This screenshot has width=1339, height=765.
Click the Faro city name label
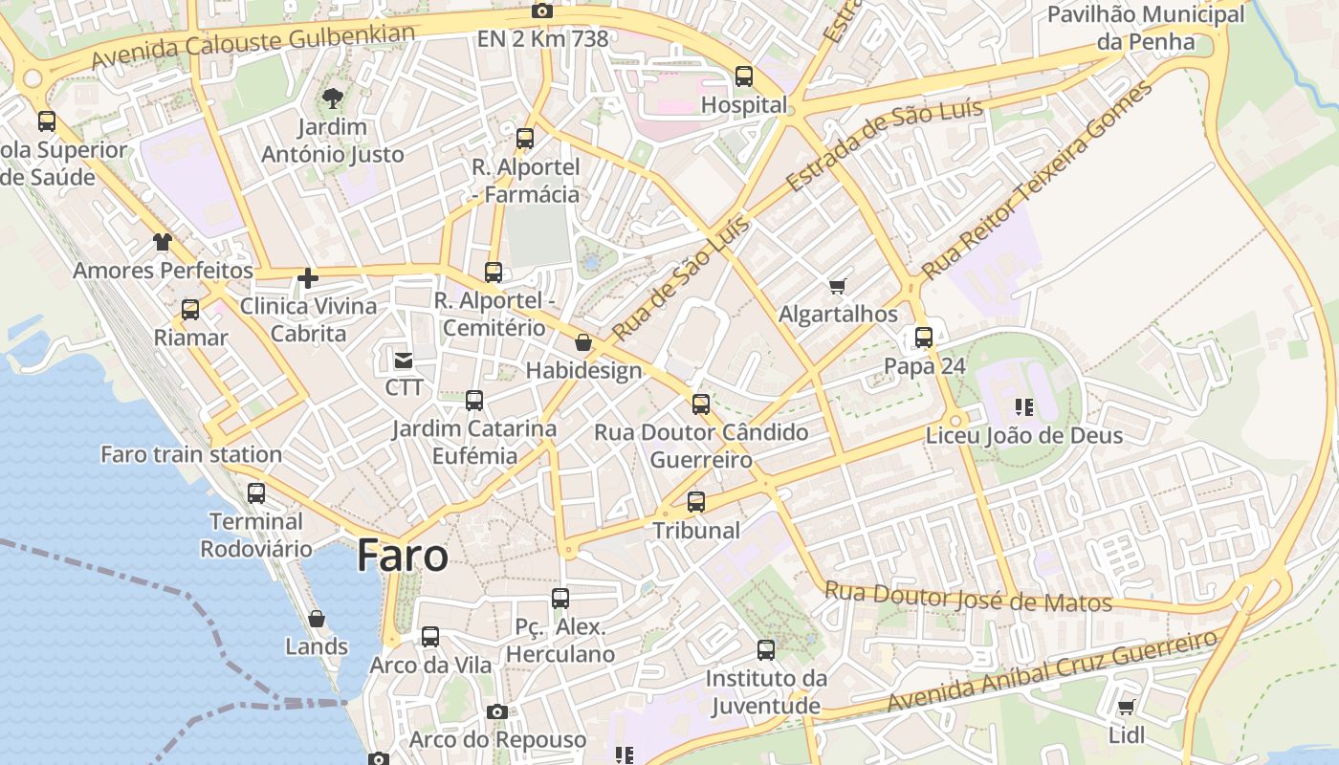click(403, 556)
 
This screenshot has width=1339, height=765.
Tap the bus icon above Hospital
click(743, 76)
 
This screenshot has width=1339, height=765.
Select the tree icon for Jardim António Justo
click(333, 98)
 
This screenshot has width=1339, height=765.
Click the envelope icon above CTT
click(404, 361)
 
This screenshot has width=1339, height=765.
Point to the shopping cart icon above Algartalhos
click(838, 286)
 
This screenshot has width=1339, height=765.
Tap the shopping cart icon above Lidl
click(1127, 708)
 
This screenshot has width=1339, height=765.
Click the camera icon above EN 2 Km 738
click(542, 11)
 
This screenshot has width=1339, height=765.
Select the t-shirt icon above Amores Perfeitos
click(163, 242)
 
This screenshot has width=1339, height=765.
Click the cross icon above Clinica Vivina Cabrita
click(307, 278)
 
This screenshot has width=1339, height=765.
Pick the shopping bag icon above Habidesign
click(583, 342)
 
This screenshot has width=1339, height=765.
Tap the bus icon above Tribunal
click(696, 502)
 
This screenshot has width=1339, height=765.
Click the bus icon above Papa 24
click(924, 338)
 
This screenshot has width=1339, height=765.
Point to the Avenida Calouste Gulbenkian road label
click(253, 46)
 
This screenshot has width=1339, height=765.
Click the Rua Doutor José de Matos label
click(968, 598)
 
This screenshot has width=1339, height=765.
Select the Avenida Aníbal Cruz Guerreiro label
click(1052, 670)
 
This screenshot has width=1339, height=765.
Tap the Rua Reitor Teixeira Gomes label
click(1037, 180)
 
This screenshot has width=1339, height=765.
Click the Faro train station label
click(191, 454)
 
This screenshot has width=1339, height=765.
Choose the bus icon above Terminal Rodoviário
click(256, 493)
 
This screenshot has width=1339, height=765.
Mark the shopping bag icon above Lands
click(317, 619)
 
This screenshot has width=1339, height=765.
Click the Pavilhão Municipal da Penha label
click(1146, 28)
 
